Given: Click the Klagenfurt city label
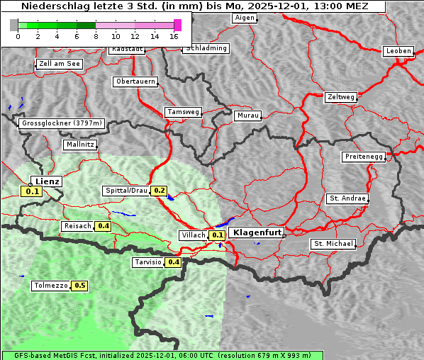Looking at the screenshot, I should click(256, 232).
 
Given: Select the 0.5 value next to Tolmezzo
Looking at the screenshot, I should click(79, 286).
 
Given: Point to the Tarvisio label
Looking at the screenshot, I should click(147, 262).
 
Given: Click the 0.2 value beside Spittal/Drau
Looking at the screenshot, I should click(159, 191).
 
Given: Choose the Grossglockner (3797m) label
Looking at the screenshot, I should click(62, 123).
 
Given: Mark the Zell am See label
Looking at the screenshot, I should click(60, 64).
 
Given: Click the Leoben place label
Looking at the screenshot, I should click(398, 51).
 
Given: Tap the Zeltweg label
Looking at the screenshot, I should click(340, 97).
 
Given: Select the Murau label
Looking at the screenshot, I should click(248, 115).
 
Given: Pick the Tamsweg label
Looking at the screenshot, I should click(183, 112).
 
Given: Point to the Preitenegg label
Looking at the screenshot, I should click(364, 157).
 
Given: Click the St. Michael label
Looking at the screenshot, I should click(333, 244).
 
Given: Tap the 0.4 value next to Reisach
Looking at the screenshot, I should click(104, 226).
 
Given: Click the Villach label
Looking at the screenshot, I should click(194, 235).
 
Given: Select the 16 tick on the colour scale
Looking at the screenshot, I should click(174, 35).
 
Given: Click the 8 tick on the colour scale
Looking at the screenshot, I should click(96, 35).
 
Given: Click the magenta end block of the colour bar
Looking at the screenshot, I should click(177, 25).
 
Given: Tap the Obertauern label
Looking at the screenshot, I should click(135, 81).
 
